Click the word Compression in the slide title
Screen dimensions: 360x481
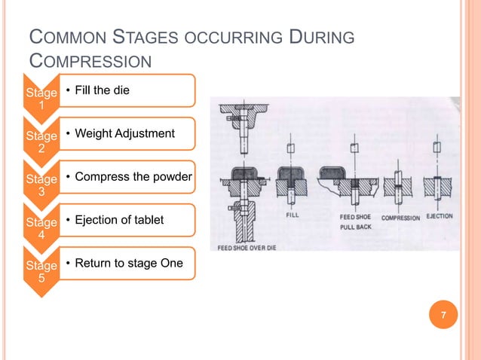pos(89,61)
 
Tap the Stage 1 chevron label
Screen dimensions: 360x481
pos(41,99)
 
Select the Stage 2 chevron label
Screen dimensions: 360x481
pos(41,142)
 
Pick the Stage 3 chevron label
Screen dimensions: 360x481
pos(41,185)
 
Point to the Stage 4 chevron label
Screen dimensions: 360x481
pos(41,228)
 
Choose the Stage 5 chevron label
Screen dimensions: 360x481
pos(41,271)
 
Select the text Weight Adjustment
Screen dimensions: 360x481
pos(120,133)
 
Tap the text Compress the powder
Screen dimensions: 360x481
pos(128,177)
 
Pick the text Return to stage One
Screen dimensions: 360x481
pos(124,263)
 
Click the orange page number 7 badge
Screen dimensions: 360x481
pos(444,315)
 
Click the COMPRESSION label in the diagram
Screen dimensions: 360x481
pos(400,217)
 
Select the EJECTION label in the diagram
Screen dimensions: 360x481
pos(440,216)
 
